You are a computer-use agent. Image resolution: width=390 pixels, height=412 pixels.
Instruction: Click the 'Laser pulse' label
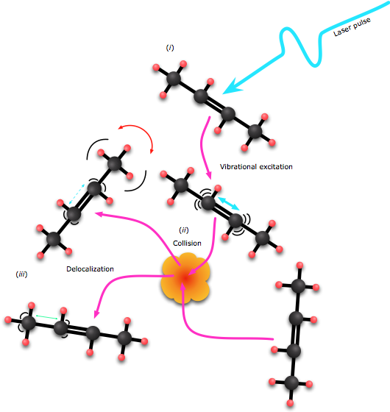(x=352, y=26)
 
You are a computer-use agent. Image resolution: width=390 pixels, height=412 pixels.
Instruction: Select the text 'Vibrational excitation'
(x=256, y=167)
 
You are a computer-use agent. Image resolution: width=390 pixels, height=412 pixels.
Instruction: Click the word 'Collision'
(x=187, y=244)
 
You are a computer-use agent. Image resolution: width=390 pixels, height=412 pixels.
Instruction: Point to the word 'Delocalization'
(x=90, y=269)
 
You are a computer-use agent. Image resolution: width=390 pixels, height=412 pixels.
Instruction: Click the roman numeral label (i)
(x=170, y=48)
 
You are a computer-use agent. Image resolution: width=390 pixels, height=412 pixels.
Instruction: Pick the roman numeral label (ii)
(x=184, y=230)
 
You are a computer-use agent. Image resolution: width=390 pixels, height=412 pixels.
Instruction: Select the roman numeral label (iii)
(x=21, y=274)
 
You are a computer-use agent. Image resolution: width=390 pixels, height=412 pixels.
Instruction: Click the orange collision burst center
(x=185, y=278)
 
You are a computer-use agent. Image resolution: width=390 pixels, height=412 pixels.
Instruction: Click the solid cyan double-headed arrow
(x=228, y=204)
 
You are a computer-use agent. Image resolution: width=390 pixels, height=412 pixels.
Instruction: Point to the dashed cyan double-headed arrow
(x=77, y=194)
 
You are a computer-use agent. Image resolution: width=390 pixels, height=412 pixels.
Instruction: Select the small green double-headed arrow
(x=47, y=317)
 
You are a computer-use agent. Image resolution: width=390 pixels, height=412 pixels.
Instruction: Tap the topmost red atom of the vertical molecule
(x=299, y=266)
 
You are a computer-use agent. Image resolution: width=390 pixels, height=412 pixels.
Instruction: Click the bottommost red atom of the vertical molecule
(x=290, y=403)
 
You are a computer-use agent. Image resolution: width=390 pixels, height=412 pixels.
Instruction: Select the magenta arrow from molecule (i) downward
(x=205, y=148)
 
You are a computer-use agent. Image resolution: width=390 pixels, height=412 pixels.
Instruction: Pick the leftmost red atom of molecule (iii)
(x=8, y=320)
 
